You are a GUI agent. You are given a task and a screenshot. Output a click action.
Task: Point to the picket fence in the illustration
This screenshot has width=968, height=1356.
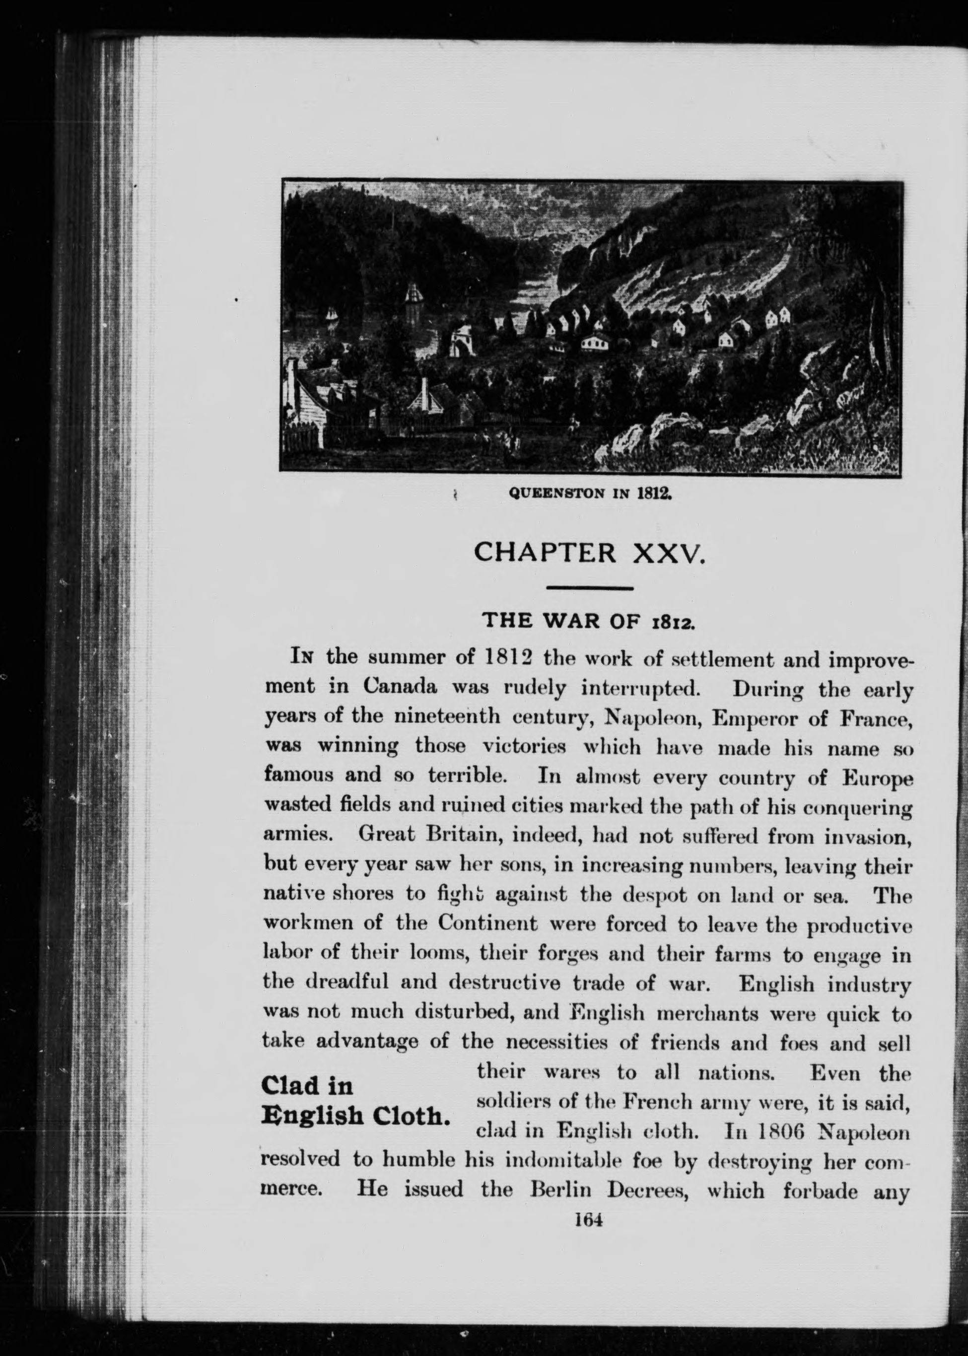coord(303,438)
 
